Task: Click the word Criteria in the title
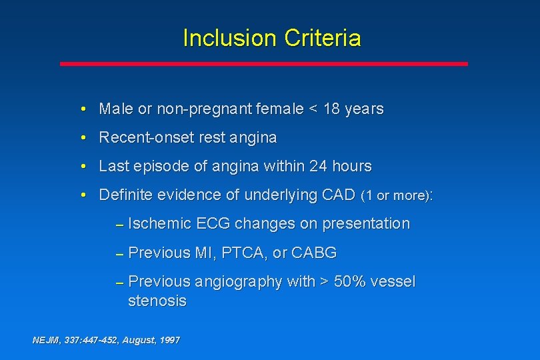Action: click(323, 38)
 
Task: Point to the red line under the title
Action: click(264, 64)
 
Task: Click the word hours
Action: click(351, 166)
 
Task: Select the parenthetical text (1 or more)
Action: click(395, 196)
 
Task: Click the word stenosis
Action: click(157, 301)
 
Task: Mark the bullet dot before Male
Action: click(81, 109)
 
